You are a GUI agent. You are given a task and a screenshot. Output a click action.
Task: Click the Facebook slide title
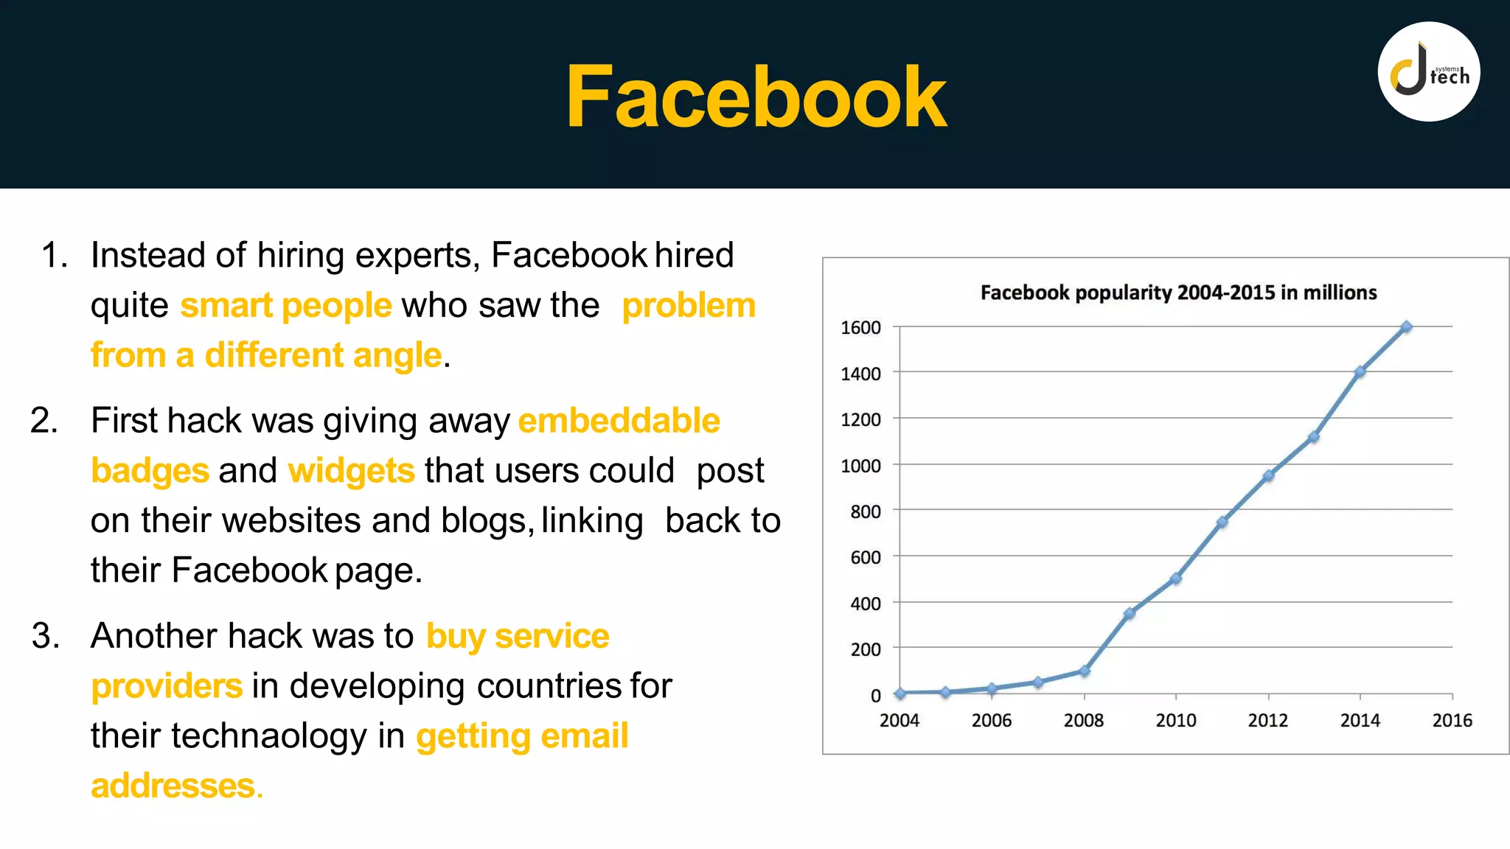click(x=756, y=97)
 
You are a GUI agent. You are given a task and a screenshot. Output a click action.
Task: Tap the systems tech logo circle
click(x=1429, y=72)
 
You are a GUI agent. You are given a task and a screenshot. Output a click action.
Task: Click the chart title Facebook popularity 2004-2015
click(x=1178, y=293)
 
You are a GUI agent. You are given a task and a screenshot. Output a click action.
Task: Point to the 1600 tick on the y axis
click(x=860, y=327)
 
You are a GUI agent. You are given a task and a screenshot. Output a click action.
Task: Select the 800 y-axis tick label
click(x=865, y=511)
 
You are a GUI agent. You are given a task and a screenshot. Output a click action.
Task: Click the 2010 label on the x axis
click(x=1175, y=720)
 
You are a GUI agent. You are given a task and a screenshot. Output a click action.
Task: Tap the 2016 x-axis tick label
click(x=1452, y=720)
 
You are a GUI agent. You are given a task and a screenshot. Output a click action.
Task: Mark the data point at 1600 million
click(x=1406, y=326)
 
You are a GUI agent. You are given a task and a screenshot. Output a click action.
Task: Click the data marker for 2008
click(x=1084, y=671)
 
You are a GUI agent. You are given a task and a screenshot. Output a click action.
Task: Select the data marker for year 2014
click(x=1360, y=372)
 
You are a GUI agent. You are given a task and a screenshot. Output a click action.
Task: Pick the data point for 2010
click(x=1176, y=579)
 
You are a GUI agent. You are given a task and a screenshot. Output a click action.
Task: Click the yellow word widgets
click(x=351, y=471)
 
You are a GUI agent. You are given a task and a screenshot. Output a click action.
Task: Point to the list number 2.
click(x=44, y=421)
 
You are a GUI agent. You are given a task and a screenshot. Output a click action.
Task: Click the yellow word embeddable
click(x=619, y=421)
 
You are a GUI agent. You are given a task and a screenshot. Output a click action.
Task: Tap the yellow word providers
click(x=167, y=686)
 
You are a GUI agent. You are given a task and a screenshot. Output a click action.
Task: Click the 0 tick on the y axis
click(x=875, y=696)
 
